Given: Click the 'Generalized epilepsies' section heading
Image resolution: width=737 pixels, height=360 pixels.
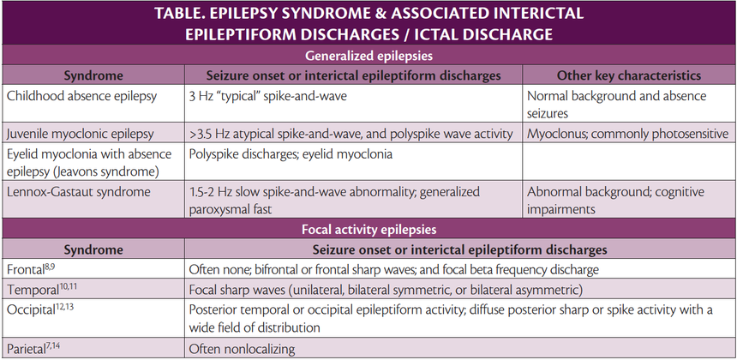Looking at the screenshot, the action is [369, 54].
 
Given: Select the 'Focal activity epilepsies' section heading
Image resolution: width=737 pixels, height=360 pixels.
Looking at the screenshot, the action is [369, 230].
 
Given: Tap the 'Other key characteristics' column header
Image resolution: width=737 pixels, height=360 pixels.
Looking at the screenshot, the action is [627, 75].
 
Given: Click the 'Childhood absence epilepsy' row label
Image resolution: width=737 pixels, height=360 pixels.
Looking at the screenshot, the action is [82, 96].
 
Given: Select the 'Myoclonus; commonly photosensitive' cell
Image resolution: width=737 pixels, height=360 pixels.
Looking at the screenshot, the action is [627, 134].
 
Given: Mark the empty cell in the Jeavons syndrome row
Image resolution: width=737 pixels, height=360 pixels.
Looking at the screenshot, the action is [627, 162].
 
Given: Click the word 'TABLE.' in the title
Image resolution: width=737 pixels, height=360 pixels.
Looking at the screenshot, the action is [188, 14].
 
